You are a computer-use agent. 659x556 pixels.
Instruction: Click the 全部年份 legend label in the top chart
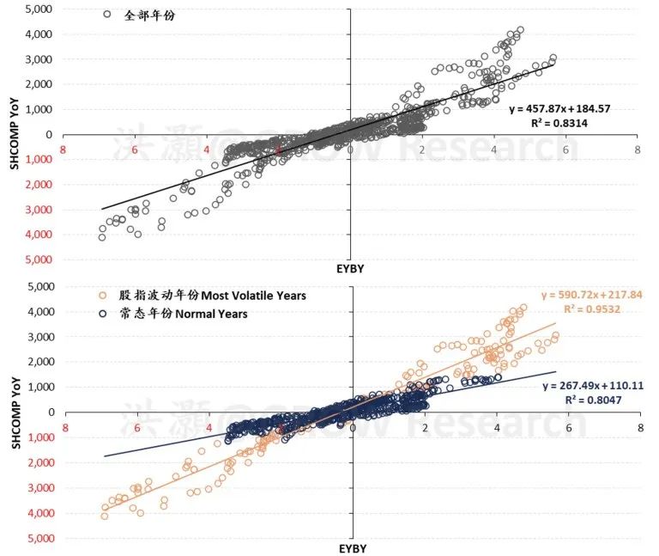click(145, 15)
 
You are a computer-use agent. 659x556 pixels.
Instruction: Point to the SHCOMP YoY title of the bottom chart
click(16, 412)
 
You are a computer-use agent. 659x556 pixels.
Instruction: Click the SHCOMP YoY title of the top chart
click(16, 134)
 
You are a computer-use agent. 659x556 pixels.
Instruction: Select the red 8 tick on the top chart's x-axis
click(63, 150)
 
